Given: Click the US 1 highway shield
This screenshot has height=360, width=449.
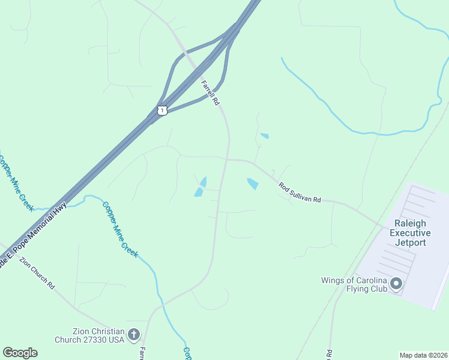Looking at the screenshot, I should click(x=161, y=110).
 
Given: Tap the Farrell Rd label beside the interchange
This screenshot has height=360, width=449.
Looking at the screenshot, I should click(x=209, y=92).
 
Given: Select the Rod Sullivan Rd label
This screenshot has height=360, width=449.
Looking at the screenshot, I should click(x=300, y=192).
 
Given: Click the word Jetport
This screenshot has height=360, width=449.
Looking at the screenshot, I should click(x=410, y=243).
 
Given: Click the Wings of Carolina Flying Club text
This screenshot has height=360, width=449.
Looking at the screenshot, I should click(x=354, y=284).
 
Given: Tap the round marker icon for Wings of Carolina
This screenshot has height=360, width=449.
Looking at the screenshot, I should click(x=396, y=283).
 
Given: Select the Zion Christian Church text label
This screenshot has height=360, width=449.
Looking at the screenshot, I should click(x=98, y=335).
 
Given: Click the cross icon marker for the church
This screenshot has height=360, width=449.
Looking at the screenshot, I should click(x=134, y=334).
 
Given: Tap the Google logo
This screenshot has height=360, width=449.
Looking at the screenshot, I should click(x=20, y=353).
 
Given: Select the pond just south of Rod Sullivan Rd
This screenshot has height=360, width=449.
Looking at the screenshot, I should click(x=253, y=184).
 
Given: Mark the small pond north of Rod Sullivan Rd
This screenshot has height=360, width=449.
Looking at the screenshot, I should click(x=265, y=136).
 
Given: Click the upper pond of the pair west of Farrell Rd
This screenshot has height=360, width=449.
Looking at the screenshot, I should click(x=203, y=181).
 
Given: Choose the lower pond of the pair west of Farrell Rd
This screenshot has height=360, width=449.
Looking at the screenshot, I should click(x=198, y=192).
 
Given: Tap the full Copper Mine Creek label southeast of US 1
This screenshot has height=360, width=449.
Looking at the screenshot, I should click(x=120, y=229).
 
